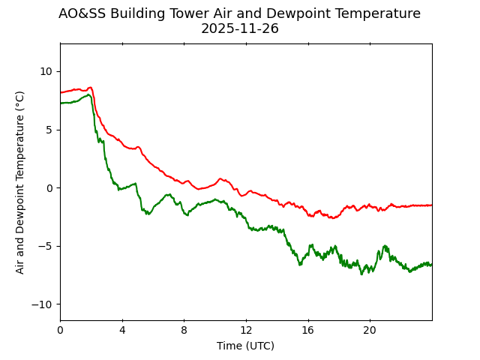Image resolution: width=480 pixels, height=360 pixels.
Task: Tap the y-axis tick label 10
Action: pos(46,71)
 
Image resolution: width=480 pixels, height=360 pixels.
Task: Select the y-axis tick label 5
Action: pos(49,130)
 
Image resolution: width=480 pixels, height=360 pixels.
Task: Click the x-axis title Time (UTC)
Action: pos(246,346)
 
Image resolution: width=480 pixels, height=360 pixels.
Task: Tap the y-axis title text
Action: pos(20,182)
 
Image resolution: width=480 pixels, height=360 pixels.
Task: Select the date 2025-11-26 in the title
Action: pos(240,28)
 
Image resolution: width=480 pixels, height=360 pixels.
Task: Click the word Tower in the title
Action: pos(178,13)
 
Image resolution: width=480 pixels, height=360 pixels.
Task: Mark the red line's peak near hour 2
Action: pos(90,87)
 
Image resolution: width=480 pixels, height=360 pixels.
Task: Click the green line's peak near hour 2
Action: pos(88,94)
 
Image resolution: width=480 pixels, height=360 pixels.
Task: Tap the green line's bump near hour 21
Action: pos(385,246)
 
